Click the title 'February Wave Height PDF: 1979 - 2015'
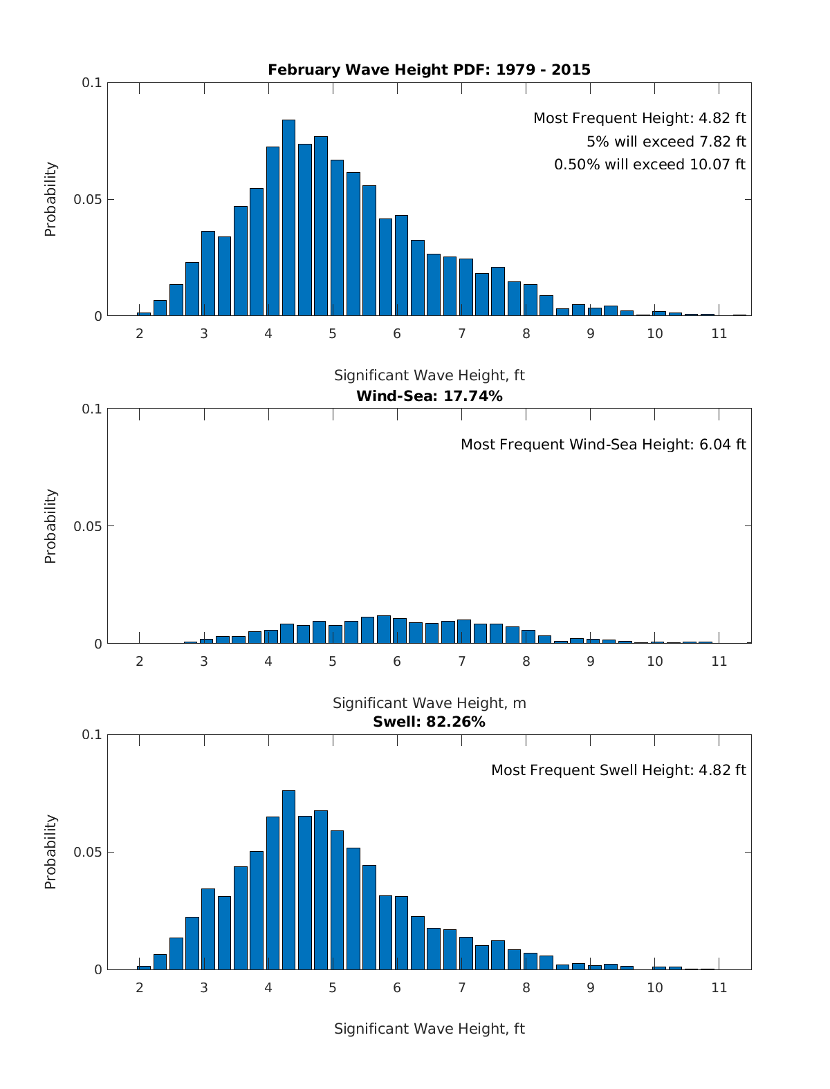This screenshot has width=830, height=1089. point(429,69)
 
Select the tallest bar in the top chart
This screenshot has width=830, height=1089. point(288,218)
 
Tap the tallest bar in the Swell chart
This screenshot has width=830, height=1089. point(288,879)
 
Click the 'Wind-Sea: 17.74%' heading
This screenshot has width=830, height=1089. point(429,396)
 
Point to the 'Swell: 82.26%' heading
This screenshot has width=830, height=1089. point(429,722)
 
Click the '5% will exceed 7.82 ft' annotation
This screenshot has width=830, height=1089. point(666,142)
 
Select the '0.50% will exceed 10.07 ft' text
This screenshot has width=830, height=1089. point(649,165)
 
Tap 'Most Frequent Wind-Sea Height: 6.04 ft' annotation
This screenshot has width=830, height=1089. point(603,445)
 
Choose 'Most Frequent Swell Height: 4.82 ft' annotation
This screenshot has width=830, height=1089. point(618,770)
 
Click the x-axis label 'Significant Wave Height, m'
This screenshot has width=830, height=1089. point(429,703)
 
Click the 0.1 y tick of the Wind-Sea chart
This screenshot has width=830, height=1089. point(92,409)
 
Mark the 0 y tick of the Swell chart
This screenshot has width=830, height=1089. point(98,970)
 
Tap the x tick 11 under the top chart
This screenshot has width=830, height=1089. point(719,333)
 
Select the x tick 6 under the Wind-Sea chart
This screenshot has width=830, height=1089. point(397,661)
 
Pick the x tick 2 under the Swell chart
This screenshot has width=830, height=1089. point(140,987)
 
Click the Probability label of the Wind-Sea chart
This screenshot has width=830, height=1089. point(50,526)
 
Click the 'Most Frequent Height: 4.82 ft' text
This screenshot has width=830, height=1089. point(639,118)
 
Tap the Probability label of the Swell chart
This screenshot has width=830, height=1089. point(50,852)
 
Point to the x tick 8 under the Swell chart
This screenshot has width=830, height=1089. point(526,987)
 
